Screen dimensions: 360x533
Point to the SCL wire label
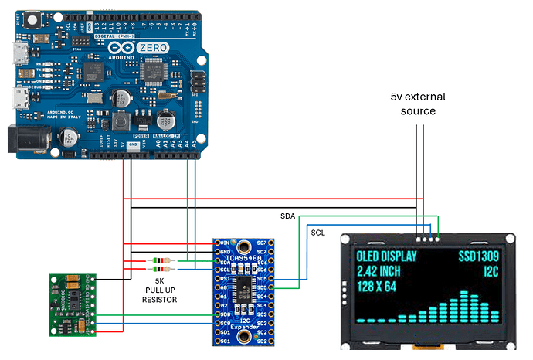[318, 233]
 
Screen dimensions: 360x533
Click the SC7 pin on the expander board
[261, 243]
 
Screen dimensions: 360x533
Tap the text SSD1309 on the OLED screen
[479, 256]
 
